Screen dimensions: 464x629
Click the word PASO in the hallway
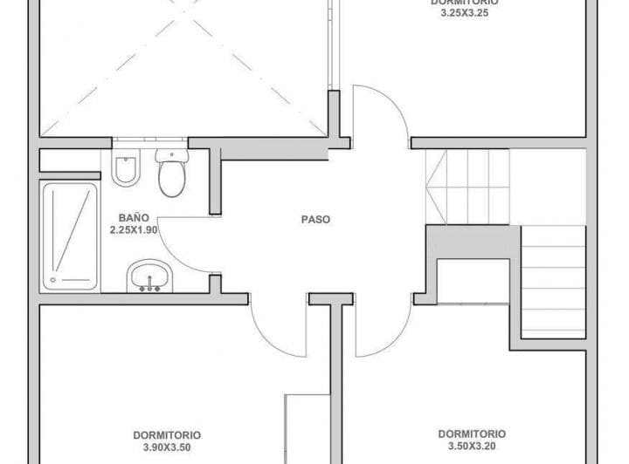(316, 221)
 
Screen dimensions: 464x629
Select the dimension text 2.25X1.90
(134, 230)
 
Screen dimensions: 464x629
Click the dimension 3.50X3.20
(471, 445)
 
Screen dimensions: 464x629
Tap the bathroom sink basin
(152, 277)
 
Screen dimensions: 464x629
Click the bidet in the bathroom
(127, 169)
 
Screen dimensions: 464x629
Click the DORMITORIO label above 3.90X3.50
(167, 433)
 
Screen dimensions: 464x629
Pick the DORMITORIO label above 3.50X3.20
(471, 433)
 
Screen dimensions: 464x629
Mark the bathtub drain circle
(54, 280)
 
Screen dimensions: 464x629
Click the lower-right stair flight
(553, 279)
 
